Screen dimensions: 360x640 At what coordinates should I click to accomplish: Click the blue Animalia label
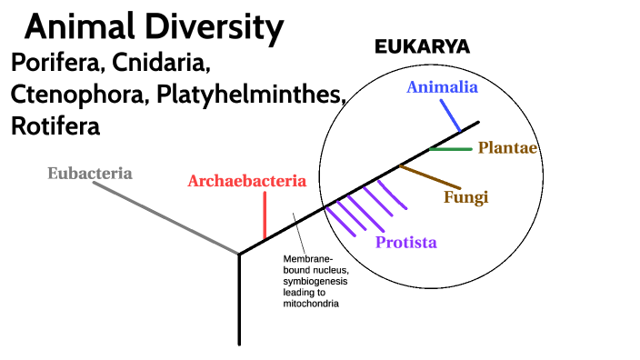click(x=443, y=88)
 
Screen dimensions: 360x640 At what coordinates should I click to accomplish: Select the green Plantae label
click(x=508, y=148)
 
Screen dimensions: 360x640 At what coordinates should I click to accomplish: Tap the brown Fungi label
click(x=466, y=196)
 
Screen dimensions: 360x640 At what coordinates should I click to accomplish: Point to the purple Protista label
click(x=405, y=242)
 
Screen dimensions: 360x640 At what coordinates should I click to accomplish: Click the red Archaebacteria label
click(x=246, y=181)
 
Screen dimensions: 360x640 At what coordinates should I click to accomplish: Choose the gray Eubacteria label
click(x=90, y=173)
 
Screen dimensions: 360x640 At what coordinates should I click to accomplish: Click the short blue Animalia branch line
click(x=452, y=115)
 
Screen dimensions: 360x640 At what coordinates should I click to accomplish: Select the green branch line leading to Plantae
click(x=451, y=148)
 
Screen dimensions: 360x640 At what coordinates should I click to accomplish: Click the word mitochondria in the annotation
click(x=311, y=305)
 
